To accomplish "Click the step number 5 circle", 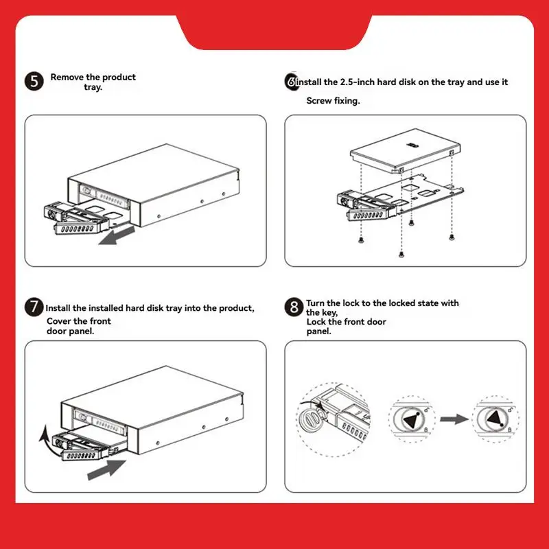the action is pyautogui.click(x=34, y=82).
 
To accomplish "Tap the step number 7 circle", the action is pyautogui.click(x=34, y=307).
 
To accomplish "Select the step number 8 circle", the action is pyautogui.click(x=294, y=307).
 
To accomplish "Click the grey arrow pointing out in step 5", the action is pyautogui.click(x=117, y=235).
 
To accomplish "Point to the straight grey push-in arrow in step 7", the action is pyautogui.click(x=106, y=469).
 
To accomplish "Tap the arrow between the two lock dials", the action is pyautogui.click(x=454, y=419).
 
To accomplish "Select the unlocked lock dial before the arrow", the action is pyautogui.click(x=412, y=419).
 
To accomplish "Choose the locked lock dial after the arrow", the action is pyautogui.click(x=495, y=419).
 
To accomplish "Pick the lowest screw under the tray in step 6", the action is pyautogui.click(x=401, y=254).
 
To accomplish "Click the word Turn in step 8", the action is pyautogui.click(x=316, y=303).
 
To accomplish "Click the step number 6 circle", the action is pyautogui.click(x=291, y=82).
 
